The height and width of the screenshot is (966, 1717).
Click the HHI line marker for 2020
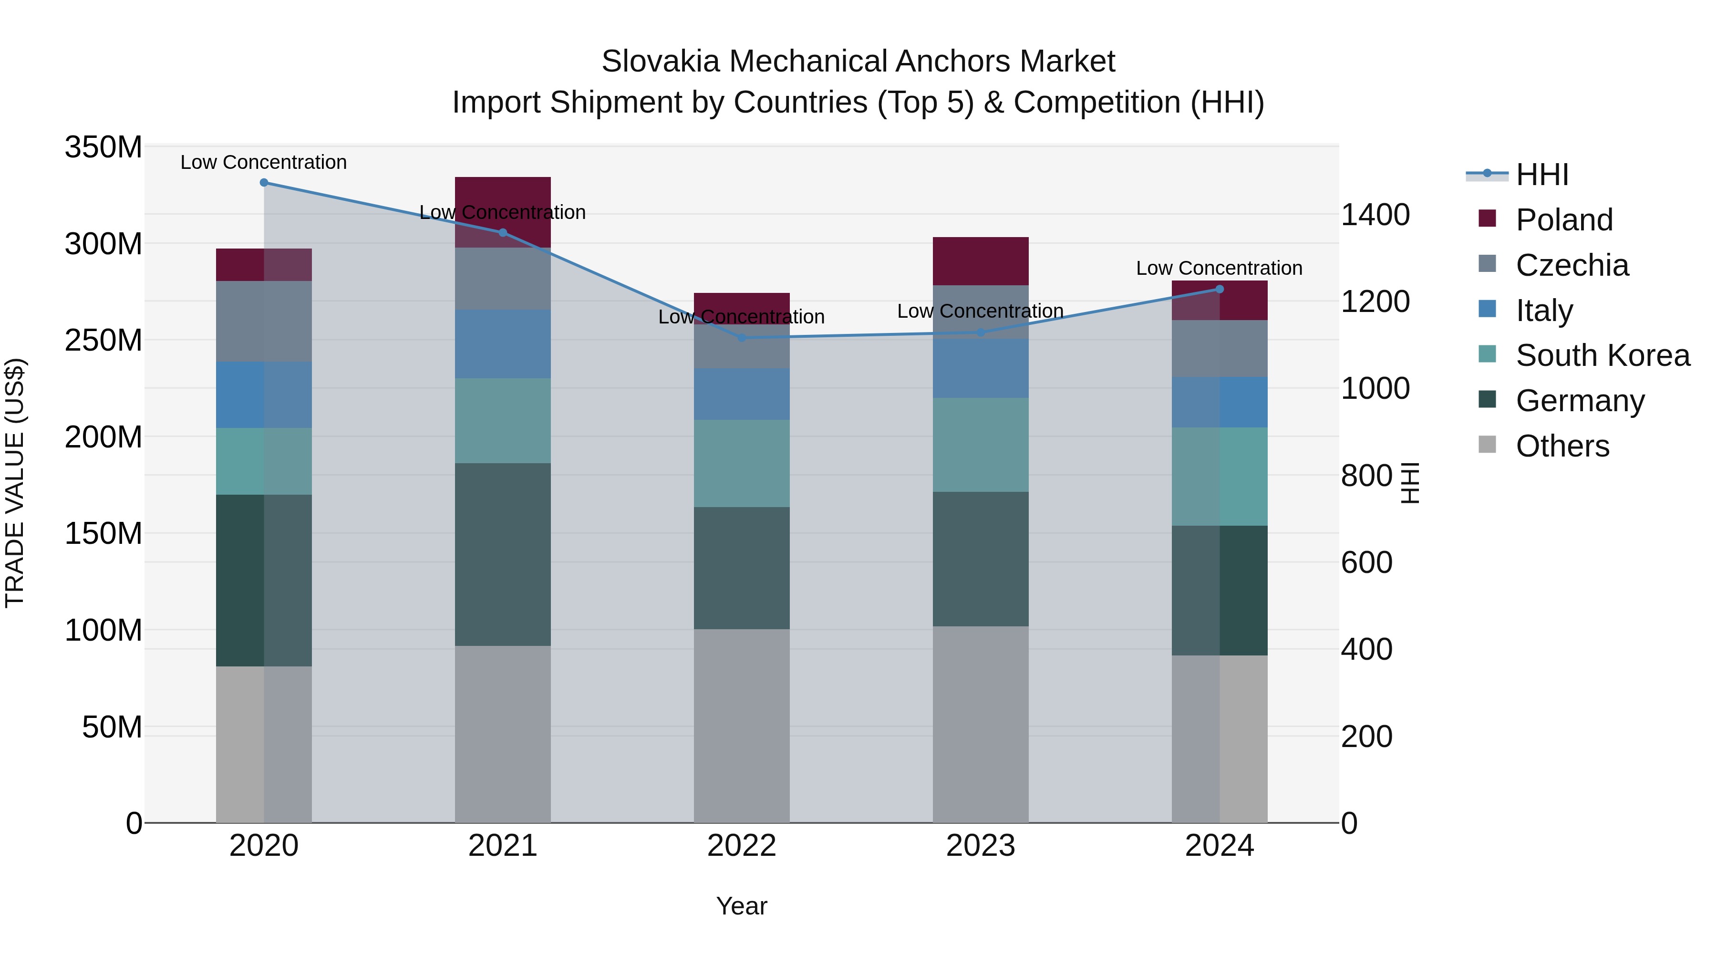pos(264,183)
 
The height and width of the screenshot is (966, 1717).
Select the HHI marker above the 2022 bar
pos(742,338)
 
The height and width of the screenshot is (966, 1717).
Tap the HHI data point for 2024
pos(1220,290)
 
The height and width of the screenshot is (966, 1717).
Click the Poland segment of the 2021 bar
pos(503,200)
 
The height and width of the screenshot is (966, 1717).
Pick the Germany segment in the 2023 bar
pos(981,559)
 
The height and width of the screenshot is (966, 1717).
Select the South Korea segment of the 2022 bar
pos(742,463)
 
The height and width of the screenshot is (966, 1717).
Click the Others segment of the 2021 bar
pos(503,733)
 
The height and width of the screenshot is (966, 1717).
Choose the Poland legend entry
pos(1564,220)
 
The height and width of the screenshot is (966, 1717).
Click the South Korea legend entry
pos(1603,355)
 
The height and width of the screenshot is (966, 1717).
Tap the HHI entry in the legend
pos(1541,175)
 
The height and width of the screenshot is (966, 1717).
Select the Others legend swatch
pos(1487,445)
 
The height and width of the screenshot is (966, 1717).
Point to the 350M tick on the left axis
pos(103,147)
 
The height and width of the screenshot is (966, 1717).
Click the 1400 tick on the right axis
pos(1375,215)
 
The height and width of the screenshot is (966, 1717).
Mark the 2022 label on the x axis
pos(742,846)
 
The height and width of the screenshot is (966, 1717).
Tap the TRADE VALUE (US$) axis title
pos(15,483)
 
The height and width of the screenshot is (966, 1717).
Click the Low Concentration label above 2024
pos(1219,268)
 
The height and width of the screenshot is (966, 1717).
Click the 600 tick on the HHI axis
pos(1366,563)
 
